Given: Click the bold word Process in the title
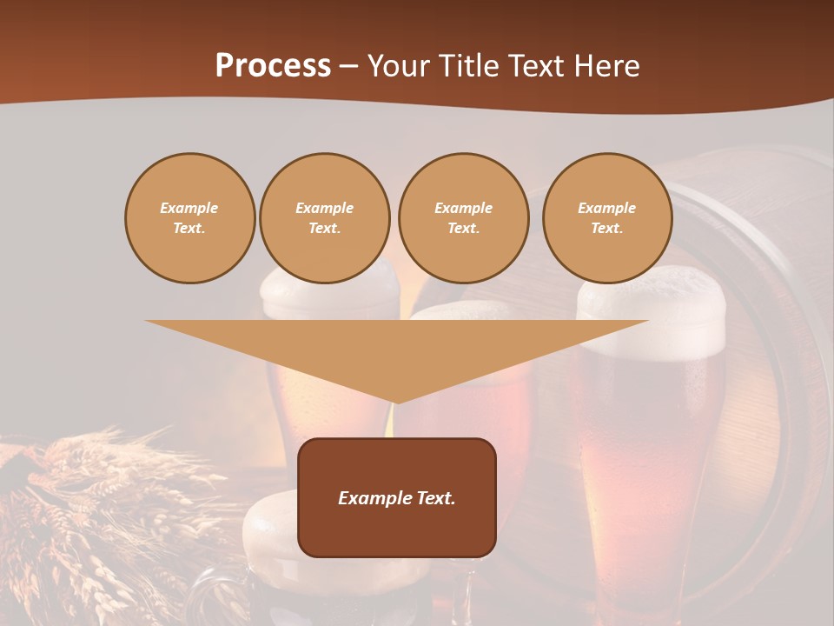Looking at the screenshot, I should [x=273, y=66].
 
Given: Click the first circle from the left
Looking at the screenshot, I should [x=189, y=218].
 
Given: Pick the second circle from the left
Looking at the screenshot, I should [x=325, y=218].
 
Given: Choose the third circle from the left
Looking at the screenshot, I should [x=463, y=218].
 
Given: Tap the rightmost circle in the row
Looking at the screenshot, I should [x=607, y=218].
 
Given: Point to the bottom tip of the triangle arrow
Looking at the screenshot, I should [x=397, y=402].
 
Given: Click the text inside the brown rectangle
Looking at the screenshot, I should [x=397, y=498].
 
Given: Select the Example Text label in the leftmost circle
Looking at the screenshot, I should [x=189, y=218].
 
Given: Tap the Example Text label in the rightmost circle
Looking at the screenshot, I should [x=607, y=218].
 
